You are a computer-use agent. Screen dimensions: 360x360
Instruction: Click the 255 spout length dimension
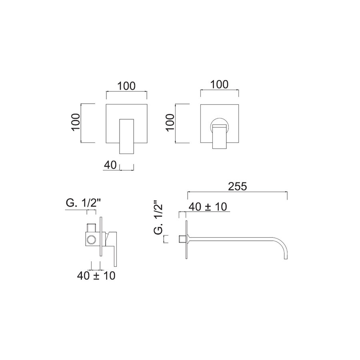[237, 186]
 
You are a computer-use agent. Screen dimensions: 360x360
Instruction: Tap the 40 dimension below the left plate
[110, 165]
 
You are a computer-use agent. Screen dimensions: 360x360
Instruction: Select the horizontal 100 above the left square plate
[126, 86]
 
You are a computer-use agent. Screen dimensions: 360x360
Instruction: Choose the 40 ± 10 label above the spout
[208, 206]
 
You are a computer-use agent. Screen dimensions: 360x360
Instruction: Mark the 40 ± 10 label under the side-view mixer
[97, 276]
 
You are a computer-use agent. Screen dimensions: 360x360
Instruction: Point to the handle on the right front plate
[220, 137]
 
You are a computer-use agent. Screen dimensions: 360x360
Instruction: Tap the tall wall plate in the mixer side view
[101, 240]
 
